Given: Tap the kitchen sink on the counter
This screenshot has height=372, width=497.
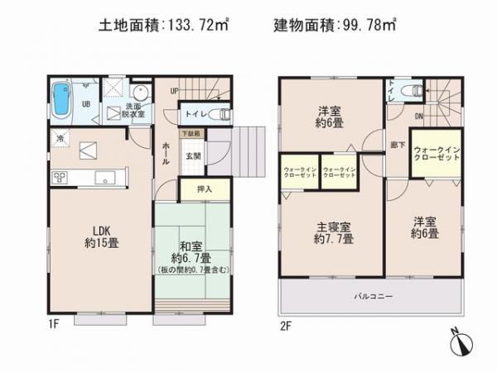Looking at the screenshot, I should (x=105, y=177).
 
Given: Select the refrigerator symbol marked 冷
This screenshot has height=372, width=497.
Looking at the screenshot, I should (x=60, y=138).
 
